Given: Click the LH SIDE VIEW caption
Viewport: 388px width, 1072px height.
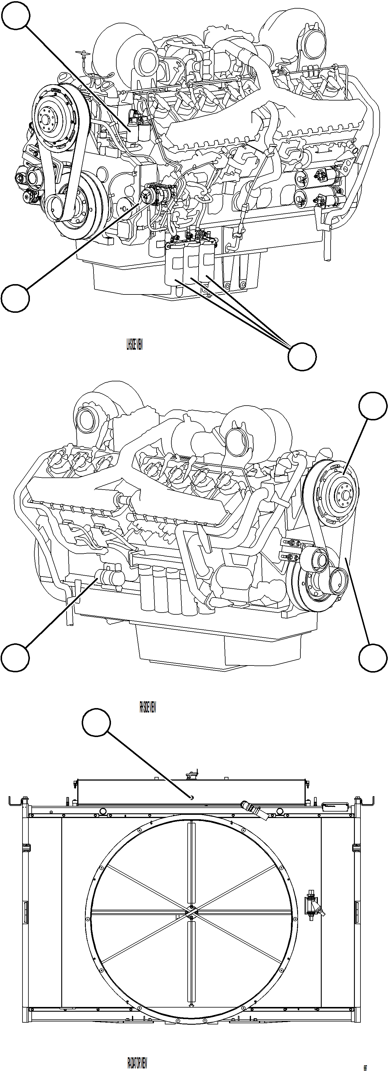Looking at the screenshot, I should [x=134, y=345].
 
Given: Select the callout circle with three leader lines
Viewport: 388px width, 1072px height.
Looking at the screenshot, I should [x=302, y=356].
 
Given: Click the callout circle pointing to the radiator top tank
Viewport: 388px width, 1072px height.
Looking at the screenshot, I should [x=96, y=724].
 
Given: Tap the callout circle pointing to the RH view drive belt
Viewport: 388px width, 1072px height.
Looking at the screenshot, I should [x=373, y=658].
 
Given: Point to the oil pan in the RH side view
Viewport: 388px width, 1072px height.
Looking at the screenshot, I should [x=217, y=647].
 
